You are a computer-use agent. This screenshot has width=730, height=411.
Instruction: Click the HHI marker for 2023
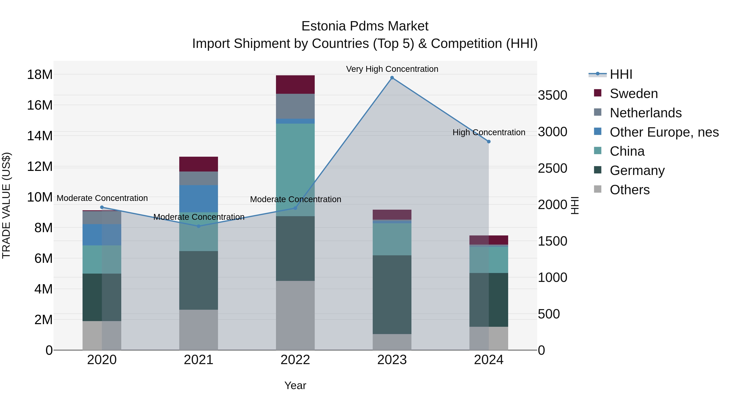[x=392, y=78]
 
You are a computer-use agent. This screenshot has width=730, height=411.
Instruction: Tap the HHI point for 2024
[x=488, y=141]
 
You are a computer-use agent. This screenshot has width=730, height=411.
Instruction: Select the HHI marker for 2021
[x=199, y=226]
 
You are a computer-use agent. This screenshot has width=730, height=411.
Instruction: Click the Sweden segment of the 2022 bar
[x=295, y=84]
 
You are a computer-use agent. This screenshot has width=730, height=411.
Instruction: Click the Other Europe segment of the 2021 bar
[x=199, y=198]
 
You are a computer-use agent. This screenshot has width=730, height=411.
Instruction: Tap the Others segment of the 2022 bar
[x=295, y=315]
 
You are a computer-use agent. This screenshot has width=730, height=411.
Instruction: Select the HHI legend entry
[x=621, y=74]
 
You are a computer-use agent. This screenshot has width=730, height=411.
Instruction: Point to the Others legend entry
[x=629, y=190]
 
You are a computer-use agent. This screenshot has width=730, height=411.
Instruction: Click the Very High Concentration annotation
[x=392, y=69]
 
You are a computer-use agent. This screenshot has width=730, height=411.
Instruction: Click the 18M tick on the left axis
[x=40, y=75]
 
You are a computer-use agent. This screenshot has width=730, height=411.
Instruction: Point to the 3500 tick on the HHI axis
[x=552, y=95]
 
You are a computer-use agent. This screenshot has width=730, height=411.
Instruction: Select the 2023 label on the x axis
[x=392, y=360]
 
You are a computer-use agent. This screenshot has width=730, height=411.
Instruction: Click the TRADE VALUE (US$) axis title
[x=6, y=205]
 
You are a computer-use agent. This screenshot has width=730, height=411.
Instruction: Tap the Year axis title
[x=295, y=385]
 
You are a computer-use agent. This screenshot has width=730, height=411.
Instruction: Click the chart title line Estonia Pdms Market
[x=365, y=26]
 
